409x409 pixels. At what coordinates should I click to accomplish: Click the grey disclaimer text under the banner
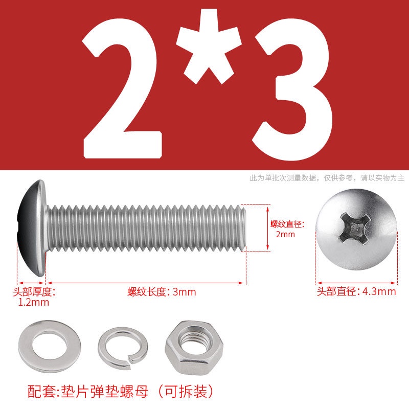pos(327,178)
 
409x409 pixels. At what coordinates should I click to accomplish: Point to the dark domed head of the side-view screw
pos(31,228)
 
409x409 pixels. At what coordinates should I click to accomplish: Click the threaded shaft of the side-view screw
pos(146,228)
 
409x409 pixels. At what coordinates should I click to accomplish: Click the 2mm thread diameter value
pos(285,234)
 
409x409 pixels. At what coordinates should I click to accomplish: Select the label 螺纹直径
pos(287,224)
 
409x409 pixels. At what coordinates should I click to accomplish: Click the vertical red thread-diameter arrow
pos(267,228)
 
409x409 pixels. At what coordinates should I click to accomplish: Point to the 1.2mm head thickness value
pos(34,302)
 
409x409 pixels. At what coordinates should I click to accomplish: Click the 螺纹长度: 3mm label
pos(162,292)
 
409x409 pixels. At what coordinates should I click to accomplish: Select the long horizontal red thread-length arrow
pos(146,283)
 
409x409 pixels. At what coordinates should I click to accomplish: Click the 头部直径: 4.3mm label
pos(356,291)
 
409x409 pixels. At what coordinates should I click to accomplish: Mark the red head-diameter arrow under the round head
pos(356,283)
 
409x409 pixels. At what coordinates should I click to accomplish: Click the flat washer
pos(50,347)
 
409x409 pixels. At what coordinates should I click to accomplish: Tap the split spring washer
pos(123,348)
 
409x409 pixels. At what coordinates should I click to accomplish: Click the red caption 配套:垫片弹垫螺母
pos(88,392)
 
